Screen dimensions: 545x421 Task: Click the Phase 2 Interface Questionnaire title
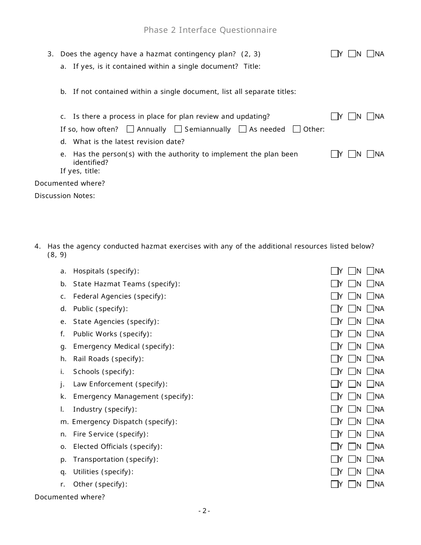click(x=210, y=30)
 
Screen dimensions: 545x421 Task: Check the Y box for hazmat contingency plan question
click(x=335, y=54)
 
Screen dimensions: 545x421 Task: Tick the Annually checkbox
click(x=130, y=129)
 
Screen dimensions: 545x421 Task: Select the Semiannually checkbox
click(x=178, y=129)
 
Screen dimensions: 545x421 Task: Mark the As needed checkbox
click(x=242, y=129)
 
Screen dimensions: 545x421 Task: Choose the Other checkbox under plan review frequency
click(x=296, y=129)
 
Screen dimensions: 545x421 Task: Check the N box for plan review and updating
click(x=352, y=117)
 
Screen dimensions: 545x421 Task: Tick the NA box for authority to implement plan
click(x=370, y=154)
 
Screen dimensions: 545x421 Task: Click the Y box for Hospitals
click(x=335, y=271)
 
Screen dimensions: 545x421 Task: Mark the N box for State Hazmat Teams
click(x=352, y=284)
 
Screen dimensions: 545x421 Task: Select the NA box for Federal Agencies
click(x=370, y=296)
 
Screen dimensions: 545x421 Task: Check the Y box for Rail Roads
click(x=335, y=359)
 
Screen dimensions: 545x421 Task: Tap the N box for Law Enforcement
click(x=352, y=384)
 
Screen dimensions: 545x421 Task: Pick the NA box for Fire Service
click(x=370, y=434)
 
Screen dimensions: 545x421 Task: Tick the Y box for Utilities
click(x=335, y=472)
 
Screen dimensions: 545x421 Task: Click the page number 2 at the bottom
click(x=204, y=511)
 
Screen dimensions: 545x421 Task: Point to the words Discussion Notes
click(x=65, y=196)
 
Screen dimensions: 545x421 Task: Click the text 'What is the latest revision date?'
click(x=129, y=142)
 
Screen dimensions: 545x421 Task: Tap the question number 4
click(x=38, y=246)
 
